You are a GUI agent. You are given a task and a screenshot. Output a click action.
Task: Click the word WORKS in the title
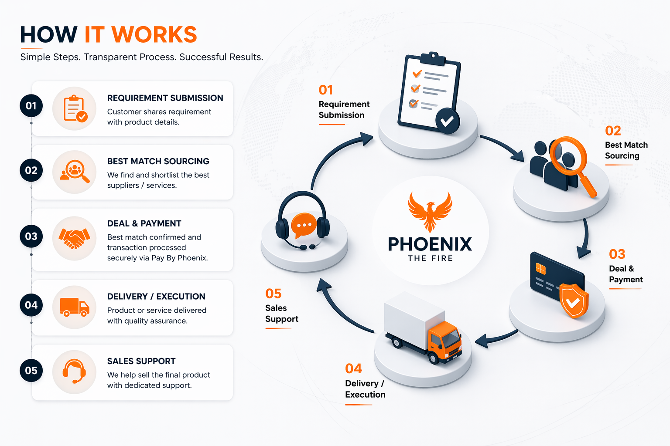(x=154, y=35)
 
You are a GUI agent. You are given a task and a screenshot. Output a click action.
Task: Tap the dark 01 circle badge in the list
(x=31, y=106)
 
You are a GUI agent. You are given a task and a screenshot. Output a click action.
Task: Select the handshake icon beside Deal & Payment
(x=74, y=238)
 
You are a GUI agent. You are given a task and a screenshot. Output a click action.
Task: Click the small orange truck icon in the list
(x=74, y=307)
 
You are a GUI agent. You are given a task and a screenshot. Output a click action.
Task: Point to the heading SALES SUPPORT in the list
(x=141, y=361)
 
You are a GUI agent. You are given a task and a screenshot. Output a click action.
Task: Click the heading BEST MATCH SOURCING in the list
(x=158, y=161)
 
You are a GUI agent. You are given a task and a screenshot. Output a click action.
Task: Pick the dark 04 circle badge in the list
(x=31, y=305)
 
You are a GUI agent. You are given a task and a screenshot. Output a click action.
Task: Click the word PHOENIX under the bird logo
(x=430, y=244)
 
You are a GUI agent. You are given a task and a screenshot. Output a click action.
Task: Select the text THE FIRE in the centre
(x=430, y=258)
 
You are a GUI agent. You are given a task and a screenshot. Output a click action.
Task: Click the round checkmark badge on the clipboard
(x=447, y=121)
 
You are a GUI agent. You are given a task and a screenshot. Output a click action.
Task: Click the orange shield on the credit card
(x=573, y=300)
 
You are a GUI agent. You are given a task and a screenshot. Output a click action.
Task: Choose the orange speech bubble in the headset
(x=304, y=225)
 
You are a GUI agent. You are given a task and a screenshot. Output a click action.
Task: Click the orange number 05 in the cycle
(x=273, y=294)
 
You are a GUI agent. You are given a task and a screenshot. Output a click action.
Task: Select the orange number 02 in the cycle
(x=613, y=131)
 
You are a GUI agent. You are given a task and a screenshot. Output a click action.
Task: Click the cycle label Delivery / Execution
(x=365, y=389)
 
